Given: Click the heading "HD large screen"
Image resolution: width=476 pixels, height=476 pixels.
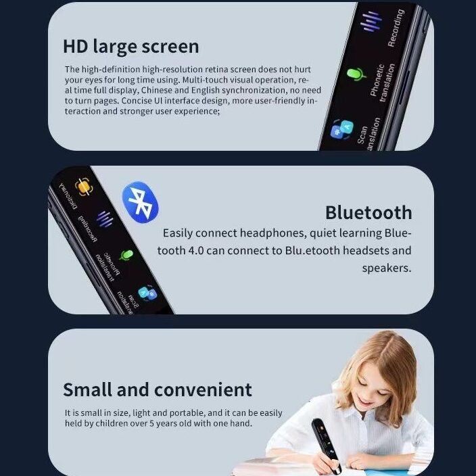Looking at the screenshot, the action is (131, 47).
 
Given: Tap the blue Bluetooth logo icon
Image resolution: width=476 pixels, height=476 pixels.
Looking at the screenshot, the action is (140, 202).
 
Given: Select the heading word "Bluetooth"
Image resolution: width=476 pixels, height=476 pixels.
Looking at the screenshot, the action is (368, 212).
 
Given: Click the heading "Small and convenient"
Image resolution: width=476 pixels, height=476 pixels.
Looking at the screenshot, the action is (158, 389).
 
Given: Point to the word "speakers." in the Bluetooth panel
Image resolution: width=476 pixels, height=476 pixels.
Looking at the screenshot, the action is (387, 268).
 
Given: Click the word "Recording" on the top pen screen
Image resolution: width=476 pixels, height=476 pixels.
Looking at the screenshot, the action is (396, 28).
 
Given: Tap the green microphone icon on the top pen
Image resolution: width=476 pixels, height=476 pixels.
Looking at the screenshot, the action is (356, 74).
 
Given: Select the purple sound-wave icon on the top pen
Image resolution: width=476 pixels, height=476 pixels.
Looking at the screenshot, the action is (371, 21).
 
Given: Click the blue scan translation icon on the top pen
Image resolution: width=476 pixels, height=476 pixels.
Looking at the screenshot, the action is (342, 129).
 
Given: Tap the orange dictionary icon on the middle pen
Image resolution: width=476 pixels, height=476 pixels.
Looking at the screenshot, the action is (83, 187).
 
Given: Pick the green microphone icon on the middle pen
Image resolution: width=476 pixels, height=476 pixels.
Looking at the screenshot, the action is (126, 255).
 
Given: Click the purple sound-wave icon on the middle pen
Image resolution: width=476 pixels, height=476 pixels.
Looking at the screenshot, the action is (105, 218).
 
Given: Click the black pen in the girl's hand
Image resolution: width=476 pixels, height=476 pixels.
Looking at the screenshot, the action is (327, 444).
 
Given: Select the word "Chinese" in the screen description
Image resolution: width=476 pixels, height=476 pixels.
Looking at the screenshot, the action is (156, 90).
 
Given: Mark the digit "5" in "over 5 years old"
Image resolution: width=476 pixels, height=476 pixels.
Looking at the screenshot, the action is (151, 423).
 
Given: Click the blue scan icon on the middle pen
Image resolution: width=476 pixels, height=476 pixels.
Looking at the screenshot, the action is (147, 293).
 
